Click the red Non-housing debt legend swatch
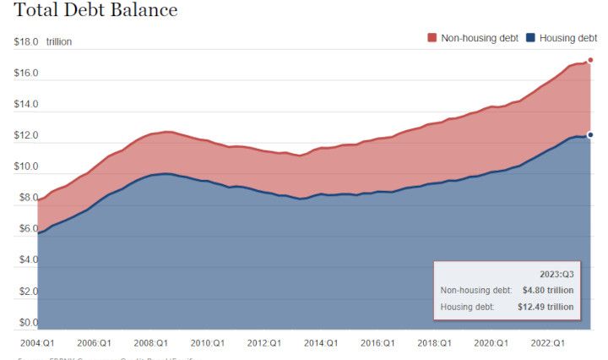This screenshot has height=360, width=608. [432, 38]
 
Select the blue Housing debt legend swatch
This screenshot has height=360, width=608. [530, 38]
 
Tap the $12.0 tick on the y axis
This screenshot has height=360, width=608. [26, 136]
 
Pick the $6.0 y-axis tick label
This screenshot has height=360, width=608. [26, 229]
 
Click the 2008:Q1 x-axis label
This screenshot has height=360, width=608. [149, 343]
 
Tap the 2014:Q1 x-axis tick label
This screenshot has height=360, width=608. [320, 343]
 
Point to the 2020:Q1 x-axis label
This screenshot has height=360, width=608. [491, 343]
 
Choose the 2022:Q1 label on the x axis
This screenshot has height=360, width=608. [547, 343]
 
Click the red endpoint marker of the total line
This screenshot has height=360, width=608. [590, 60]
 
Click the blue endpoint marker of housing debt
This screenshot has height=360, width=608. [590, 134]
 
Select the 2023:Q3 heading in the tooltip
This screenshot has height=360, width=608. [556, 275]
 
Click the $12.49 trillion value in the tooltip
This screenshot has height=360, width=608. [545, 307]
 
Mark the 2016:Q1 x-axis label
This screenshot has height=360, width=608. [377, 343]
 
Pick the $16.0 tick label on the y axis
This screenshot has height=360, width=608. [26, 74]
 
